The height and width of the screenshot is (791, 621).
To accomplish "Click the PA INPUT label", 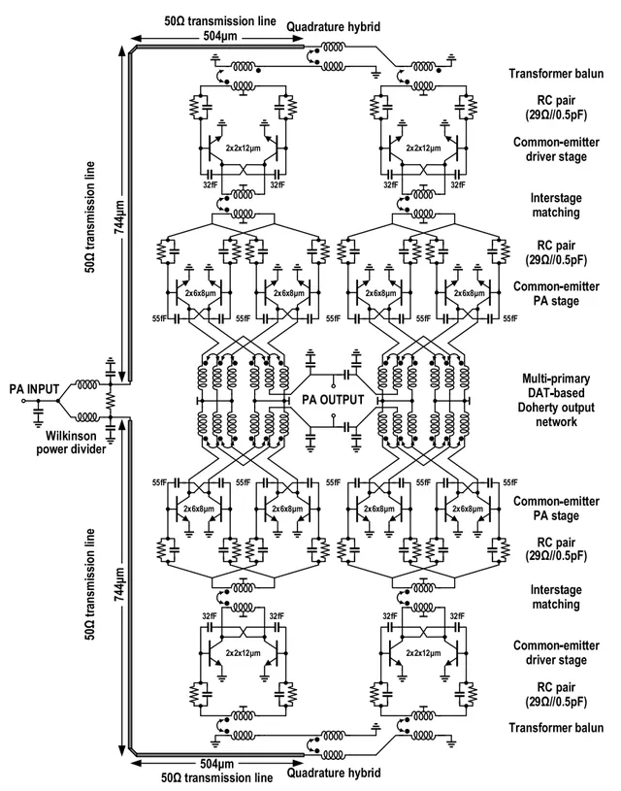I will [27, 389].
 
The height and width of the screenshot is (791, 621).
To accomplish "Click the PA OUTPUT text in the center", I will [333, 400].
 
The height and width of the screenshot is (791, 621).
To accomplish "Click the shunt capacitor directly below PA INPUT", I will [38, 412].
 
